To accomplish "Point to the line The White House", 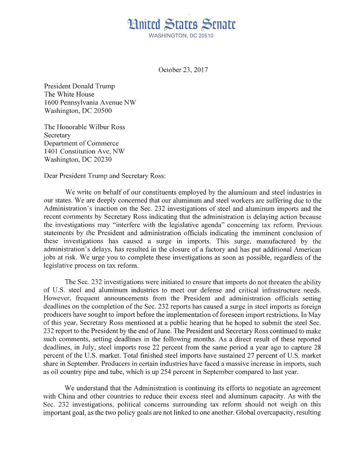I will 69,94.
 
